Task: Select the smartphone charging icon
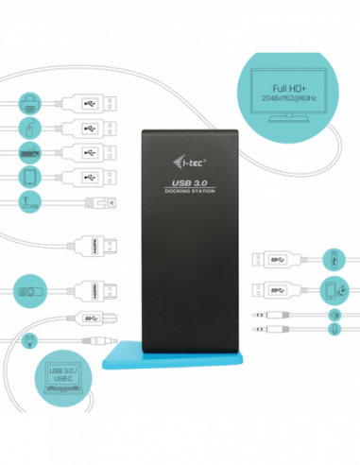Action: click(x=334, y=289)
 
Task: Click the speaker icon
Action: click(x=334, y=314)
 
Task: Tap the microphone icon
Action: click(x=334, y=329)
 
